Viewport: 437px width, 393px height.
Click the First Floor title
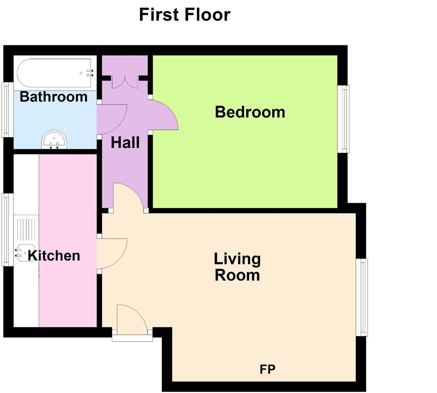point(185,15)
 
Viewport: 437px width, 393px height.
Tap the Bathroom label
point(54,97)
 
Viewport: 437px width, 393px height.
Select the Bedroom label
point(250,112)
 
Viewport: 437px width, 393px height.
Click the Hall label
point(125,143)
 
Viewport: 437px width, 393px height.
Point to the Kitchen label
point(54,255)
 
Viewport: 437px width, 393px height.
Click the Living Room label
point(237,267)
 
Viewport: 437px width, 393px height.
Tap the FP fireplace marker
point(268,369)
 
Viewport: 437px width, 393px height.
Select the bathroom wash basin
point(54,140)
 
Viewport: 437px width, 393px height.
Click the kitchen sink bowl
point(22,253)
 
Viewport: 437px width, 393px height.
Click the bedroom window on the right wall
point(343,119)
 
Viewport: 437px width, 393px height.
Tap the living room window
point(363,297)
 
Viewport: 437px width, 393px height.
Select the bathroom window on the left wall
point(5,110)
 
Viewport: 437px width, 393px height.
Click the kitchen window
point(5,229)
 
